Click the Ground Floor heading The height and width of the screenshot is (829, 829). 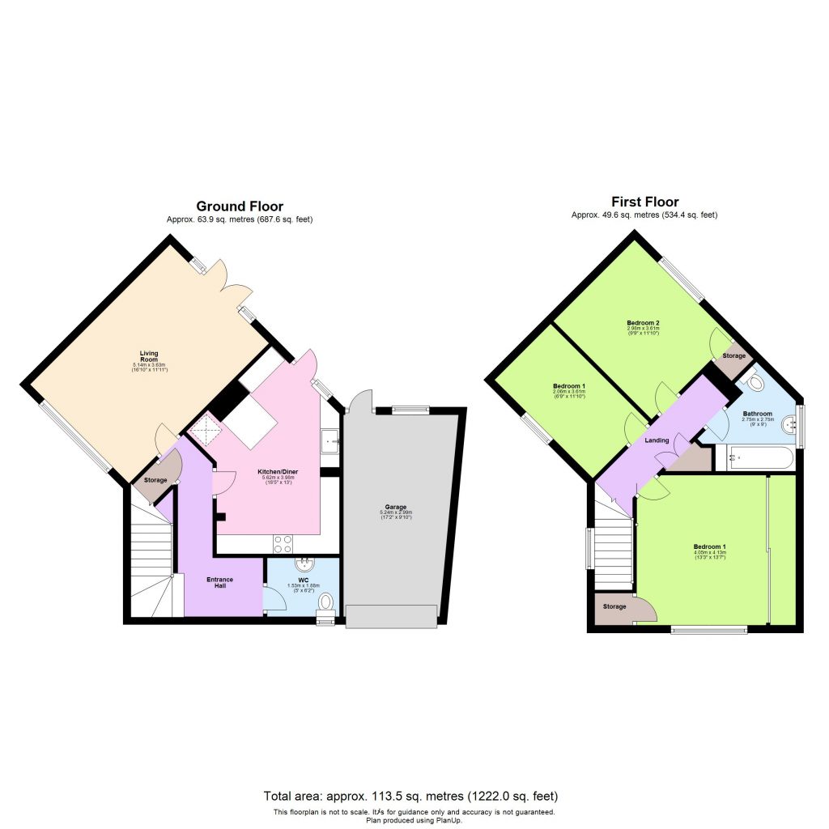(x=240, y=206)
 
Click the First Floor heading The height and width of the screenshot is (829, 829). (x=644, y=202)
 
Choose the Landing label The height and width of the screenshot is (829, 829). (x=656, y=440)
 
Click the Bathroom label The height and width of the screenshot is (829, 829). (x=758, y=414)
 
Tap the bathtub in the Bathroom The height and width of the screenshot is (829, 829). (x=759, y=457)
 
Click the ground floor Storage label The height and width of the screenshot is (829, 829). (x=155, y=481)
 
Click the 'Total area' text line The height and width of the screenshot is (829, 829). (x=410, y=796)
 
